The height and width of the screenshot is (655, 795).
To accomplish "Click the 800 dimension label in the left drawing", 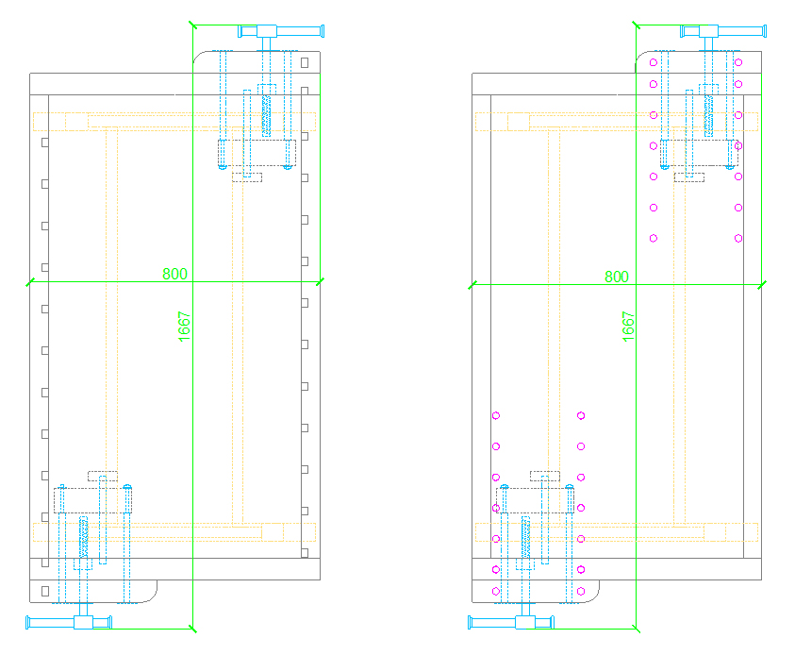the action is [174, 274].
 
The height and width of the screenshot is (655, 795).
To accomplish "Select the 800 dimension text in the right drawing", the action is [617, 277].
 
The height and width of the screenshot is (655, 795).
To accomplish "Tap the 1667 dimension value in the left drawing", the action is [184, 327].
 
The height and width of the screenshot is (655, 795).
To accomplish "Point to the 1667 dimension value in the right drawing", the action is [628, 327].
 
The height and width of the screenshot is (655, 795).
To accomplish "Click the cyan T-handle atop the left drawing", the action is [280, 32].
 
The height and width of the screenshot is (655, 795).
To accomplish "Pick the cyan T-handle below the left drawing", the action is [69, 621].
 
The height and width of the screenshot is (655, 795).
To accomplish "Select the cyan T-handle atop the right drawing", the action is [723, 32].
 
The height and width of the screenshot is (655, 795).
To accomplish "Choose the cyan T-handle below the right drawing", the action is [511, 621].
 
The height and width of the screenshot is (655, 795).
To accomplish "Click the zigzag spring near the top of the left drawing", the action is [266, 114].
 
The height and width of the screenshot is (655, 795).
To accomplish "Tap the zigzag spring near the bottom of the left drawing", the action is [84, 538].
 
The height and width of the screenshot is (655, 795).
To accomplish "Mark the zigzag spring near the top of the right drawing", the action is [709, 114].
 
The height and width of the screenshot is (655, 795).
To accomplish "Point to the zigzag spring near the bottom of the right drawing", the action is [526, 538].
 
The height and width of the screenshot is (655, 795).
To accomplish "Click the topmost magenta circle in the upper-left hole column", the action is [654, 62].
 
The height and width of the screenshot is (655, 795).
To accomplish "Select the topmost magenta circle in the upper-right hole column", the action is [738, 62].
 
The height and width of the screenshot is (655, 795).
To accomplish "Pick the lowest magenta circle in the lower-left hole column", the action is [496, 591].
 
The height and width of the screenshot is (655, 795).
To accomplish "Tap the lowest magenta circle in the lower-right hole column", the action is [581, 591].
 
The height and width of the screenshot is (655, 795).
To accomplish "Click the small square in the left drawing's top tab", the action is [305, 62].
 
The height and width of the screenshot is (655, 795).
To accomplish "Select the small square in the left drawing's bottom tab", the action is [45, 591].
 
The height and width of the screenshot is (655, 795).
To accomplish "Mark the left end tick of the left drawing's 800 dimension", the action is [30, 282].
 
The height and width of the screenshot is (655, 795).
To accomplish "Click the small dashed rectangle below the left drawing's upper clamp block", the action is [247, 177].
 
